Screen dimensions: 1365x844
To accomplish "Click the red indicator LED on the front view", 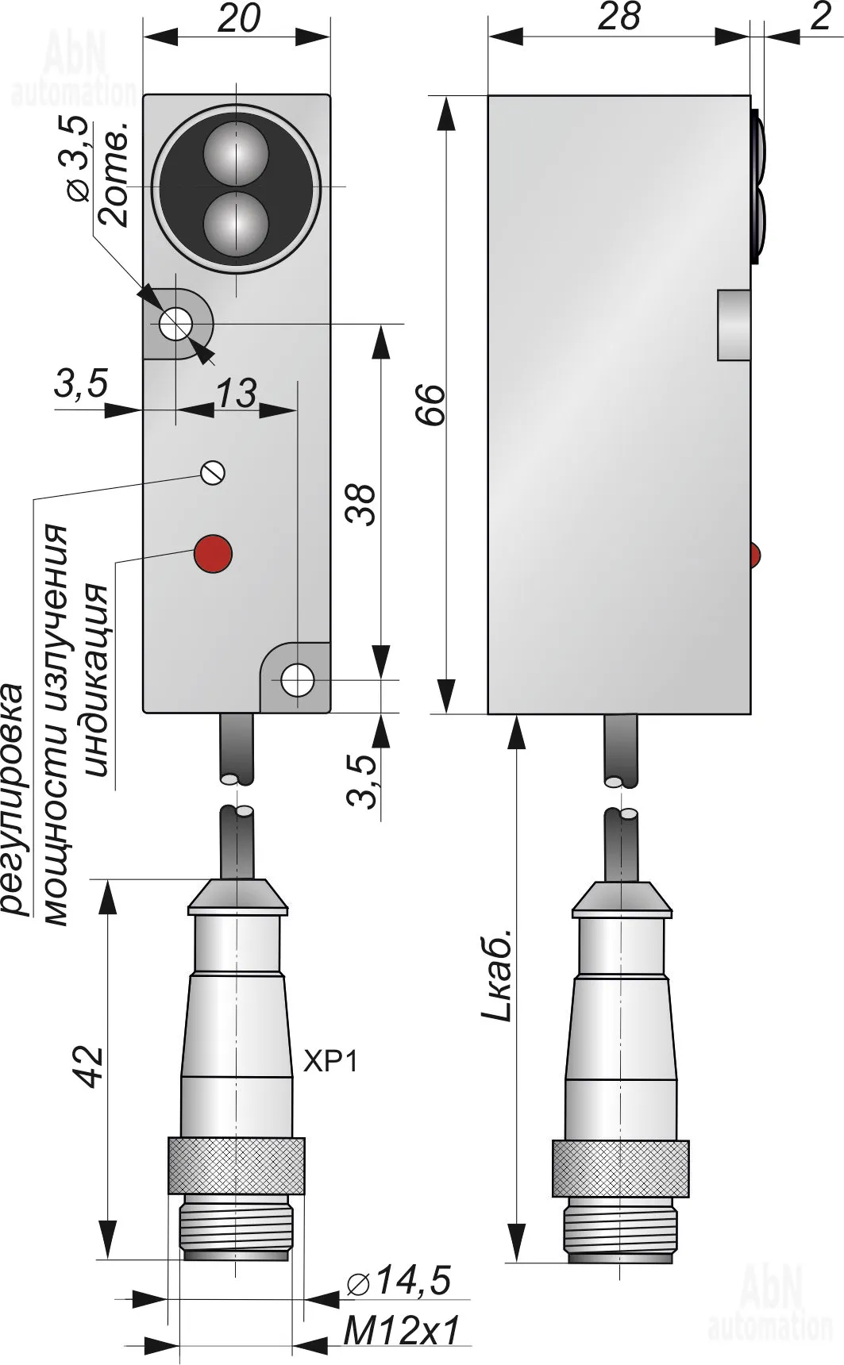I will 213,553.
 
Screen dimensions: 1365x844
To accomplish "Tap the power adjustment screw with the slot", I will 213,473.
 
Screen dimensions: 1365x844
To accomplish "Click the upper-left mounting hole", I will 175,324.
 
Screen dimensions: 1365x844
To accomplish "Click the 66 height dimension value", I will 433,405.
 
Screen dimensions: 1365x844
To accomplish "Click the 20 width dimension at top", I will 237,19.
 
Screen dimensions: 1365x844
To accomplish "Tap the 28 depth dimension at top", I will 619,17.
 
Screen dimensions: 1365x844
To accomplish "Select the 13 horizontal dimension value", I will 236,394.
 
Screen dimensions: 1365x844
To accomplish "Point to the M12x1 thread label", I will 402,1330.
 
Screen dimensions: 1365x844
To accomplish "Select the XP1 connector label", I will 330,1061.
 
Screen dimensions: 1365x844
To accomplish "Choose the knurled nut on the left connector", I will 236,1165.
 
